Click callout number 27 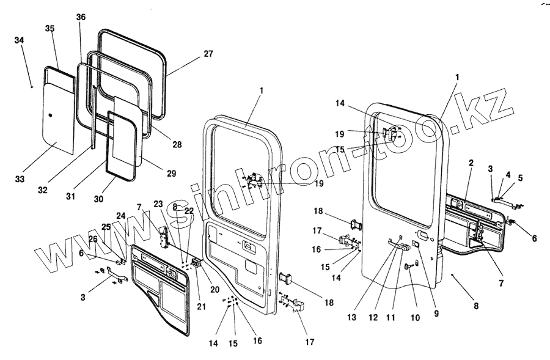[x=208, y=54]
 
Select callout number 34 [x=20, y=40]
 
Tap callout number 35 [x=50, y=29]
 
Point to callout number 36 [x=81, y=17]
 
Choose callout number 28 [x=177, y=145]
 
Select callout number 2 [x=471, y=164]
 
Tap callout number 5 [x=520, y=178]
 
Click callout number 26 [x=93, y=239]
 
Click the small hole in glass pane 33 [x=51, y=115]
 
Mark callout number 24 [x=120, y=215]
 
